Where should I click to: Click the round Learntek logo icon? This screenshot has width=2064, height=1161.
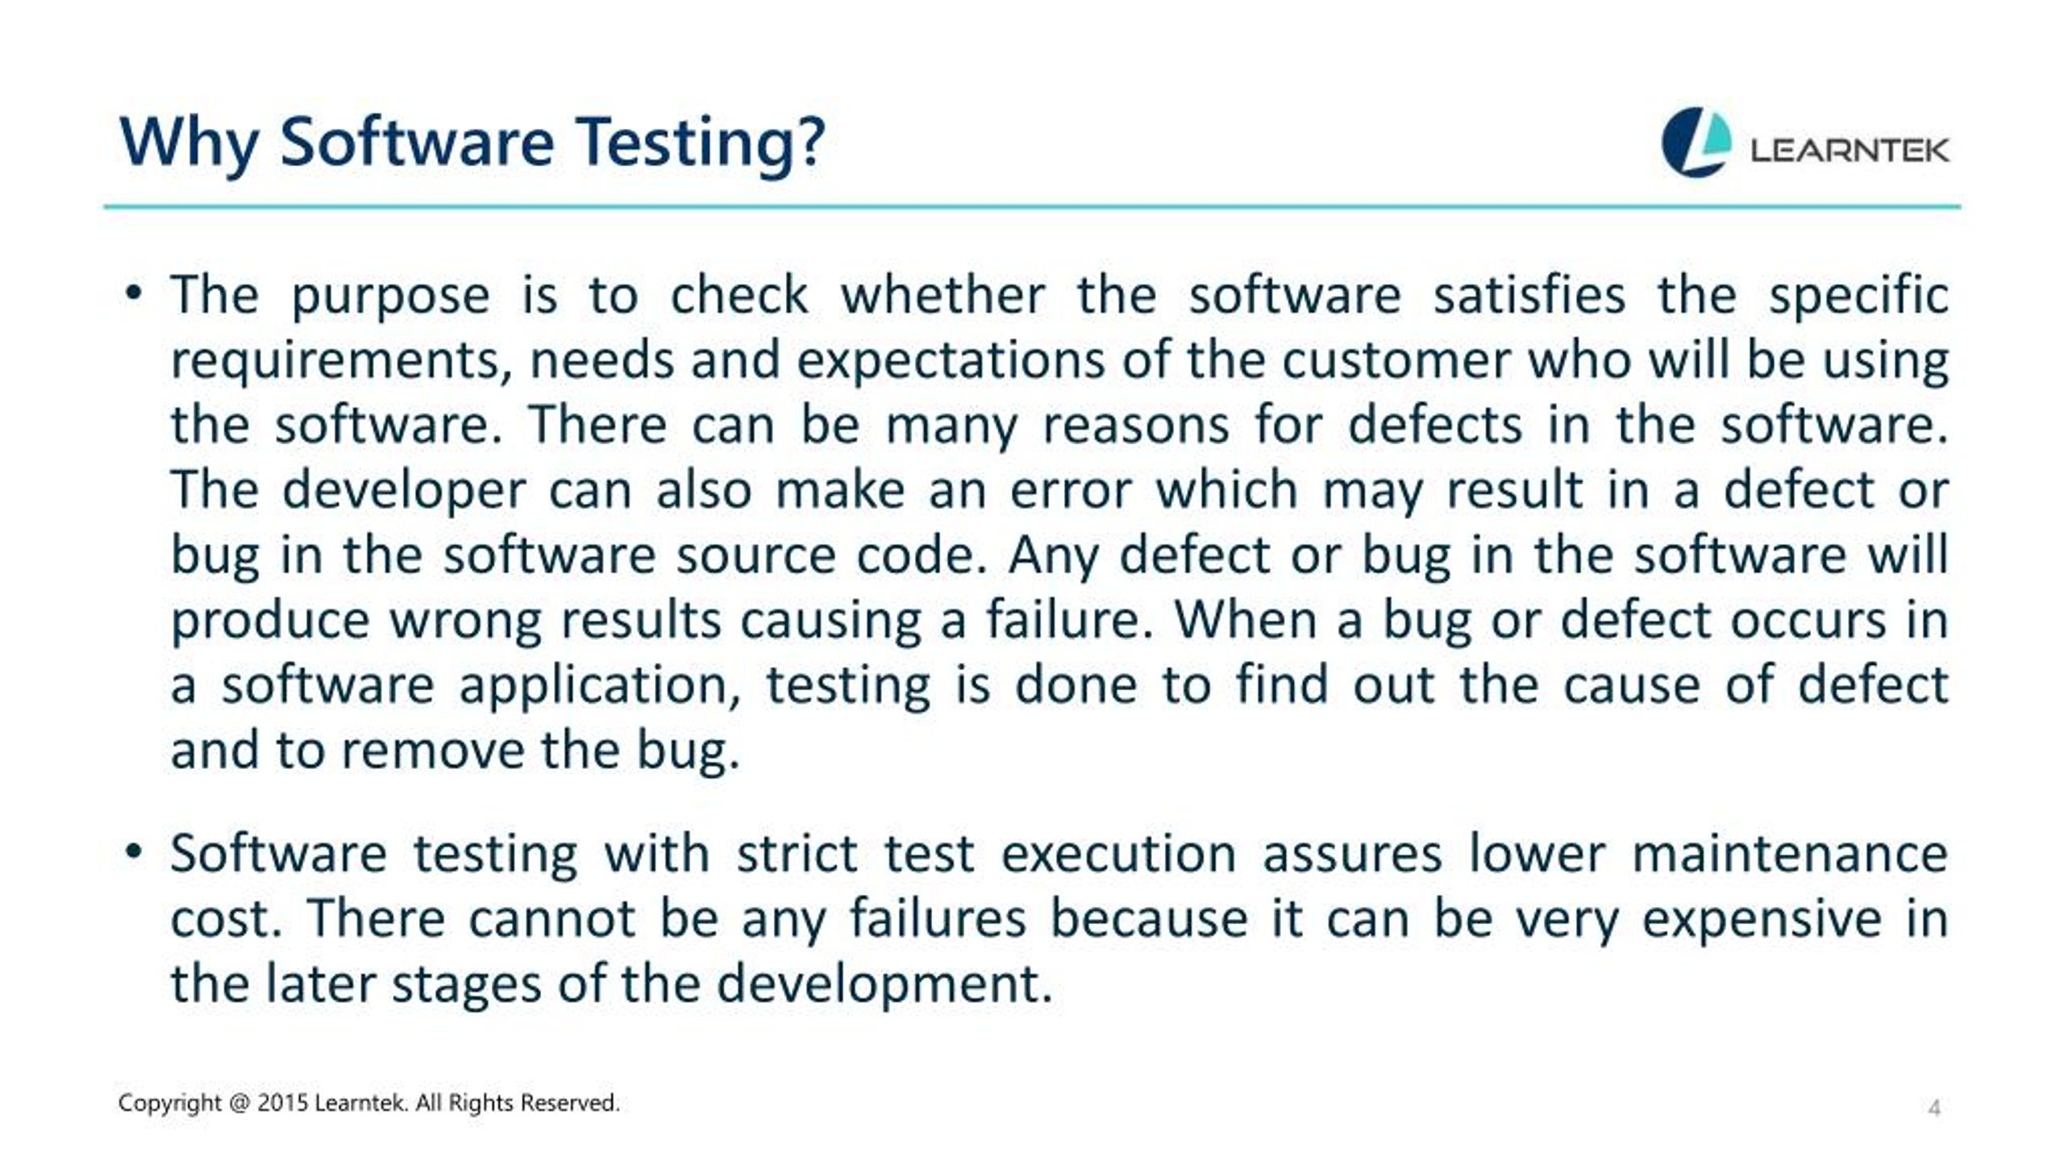pos(1696,142)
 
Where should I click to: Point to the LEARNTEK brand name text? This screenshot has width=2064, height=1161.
pos(1850,150)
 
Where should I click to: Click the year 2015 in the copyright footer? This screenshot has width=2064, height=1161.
pos(282,1102)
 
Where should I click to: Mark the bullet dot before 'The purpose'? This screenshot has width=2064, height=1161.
pos(134,292)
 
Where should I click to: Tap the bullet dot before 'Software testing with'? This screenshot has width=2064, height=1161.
pos(134,851)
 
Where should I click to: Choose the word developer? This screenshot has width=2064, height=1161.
pos(403,492)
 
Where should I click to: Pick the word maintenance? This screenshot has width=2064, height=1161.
pos(1790,853)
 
